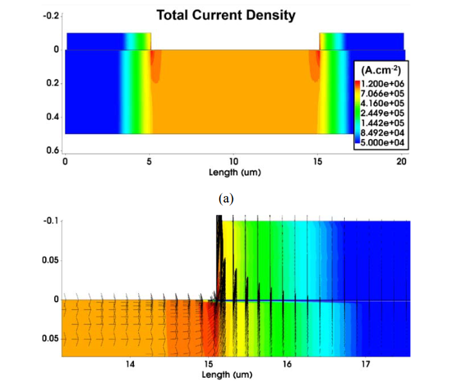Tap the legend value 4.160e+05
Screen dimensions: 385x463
tap(386, 105)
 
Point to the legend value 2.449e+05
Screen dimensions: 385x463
tap(386, 115)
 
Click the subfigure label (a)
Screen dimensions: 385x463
tap(226, 199)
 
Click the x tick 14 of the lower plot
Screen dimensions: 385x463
tap(130, 366)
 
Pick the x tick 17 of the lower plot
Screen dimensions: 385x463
tap(365, 366)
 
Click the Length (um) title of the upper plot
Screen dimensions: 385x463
tap(233, 172)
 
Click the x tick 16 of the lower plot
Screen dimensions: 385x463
tap(286, 366)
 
